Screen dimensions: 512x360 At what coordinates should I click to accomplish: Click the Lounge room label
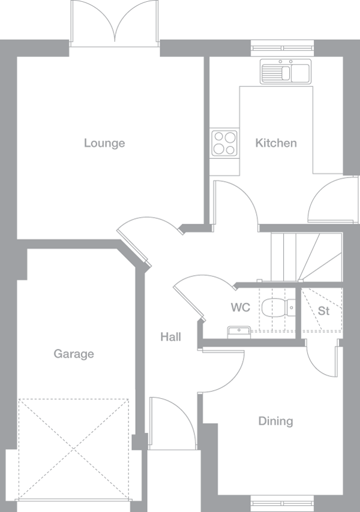[x=104, y=143]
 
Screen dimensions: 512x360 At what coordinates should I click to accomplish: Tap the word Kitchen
[x=276, y=143]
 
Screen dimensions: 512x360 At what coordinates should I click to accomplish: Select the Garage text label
[x=74, y=354]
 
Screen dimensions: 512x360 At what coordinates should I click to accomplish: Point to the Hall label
[x=170, y=337]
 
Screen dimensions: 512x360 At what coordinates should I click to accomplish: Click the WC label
[x=240, y=308]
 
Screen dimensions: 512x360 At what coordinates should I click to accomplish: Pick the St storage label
[x=324, y=311]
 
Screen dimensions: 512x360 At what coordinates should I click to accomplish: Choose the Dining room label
[x=276, y=421]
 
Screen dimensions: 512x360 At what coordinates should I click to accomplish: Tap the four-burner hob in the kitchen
[x=224, y=144]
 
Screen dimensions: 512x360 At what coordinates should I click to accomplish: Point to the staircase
[x=306, y=257]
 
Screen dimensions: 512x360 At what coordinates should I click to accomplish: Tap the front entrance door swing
[x=172, y=423]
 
